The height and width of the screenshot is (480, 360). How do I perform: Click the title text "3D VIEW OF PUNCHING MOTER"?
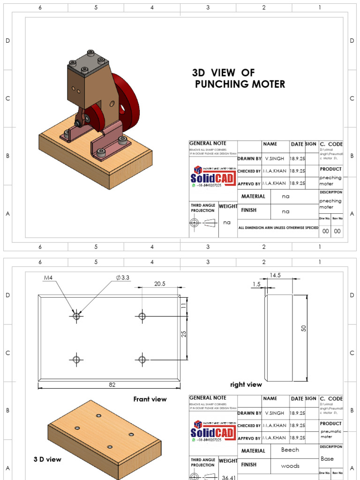pyautogui.click(x=238, y=79)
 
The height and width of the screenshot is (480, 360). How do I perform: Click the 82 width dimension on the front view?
pyautogui.click(x=112, y=385)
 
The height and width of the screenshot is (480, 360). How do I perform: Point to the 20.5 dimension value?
pyautogui.click(x=160, y=284)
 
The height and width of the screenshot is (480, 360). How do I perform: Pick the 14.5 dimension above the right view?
pyautogui.click(x=275, y=275)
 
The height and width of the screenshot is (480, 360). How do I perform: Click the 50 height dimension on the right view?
pyautogui.click(x=303, y=329)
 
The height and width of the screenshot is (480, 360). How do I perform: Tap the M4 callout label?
pyautogui.click(x=48, y=278)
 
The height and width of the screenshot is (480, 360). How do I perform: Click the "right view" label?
pyautogui.click(x=246, y=384)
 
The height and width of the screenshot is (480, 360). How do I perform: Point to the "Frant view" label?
pyautogui.click(x=150, y=399)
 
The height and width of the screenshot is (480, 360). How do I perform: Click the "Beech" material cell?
pyautogui.click(x=290, y=450)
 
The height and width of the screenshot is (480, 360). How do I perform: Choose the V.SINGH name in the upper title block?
pyautogui.click(x=275, y=158)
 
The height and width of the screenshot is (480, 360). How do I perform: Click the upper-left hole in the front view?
pyautogui.click(x=76, y=316)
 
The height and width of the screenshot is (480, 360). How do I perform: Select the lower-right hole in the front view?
pyautogui.click(x=142, y=360)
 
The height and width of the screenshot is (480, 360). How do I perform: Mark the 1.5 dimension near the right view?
pyautogui.click(x=256, y=284)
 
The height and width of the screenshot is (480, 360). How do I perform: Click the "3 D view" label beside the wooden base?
pyautogui.click(x=47, y=459)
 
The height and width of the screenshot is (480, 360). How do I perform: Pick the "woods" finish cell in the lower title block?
pyautogui.click(x=290, y=465)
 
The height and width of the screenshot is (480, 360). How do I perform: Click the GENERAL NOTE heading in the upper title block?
pyautogui.click(x=208, y=143)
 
